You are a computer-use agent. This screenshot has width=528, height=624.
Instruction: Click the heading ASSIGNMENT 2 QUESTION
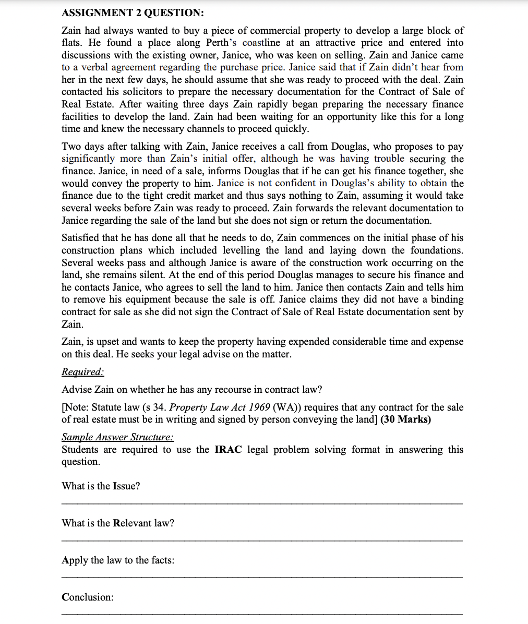(x=133, y=13)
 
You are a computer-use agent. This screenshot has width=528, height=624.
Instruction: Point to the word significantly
(x=88, y=159)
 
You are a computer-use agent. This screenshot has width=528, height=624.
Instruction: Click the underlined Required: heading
(x=83, y=372)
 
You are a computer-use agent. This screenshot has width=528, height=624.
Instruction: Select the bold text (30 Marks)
(x=406, y=419)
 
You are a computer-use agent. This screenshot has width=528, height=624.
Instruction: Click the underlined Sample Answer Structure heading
(x=117, y=437)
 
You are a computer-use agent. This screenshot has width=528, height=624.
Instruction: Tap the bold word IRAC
(x=228, y=450)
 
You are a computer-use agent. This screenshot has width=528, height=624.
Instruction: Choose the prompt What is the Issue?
(x=101, y=486)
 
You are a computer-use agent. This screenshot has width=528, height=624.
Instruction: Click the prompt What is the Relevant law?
(x=118, y=523)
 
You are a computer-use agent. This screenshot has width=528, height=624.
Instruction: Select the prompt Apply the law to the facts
(x=118, y=560)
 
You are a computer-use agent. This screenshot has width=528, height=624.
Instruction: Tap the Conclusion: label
(x=87, y=597)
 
